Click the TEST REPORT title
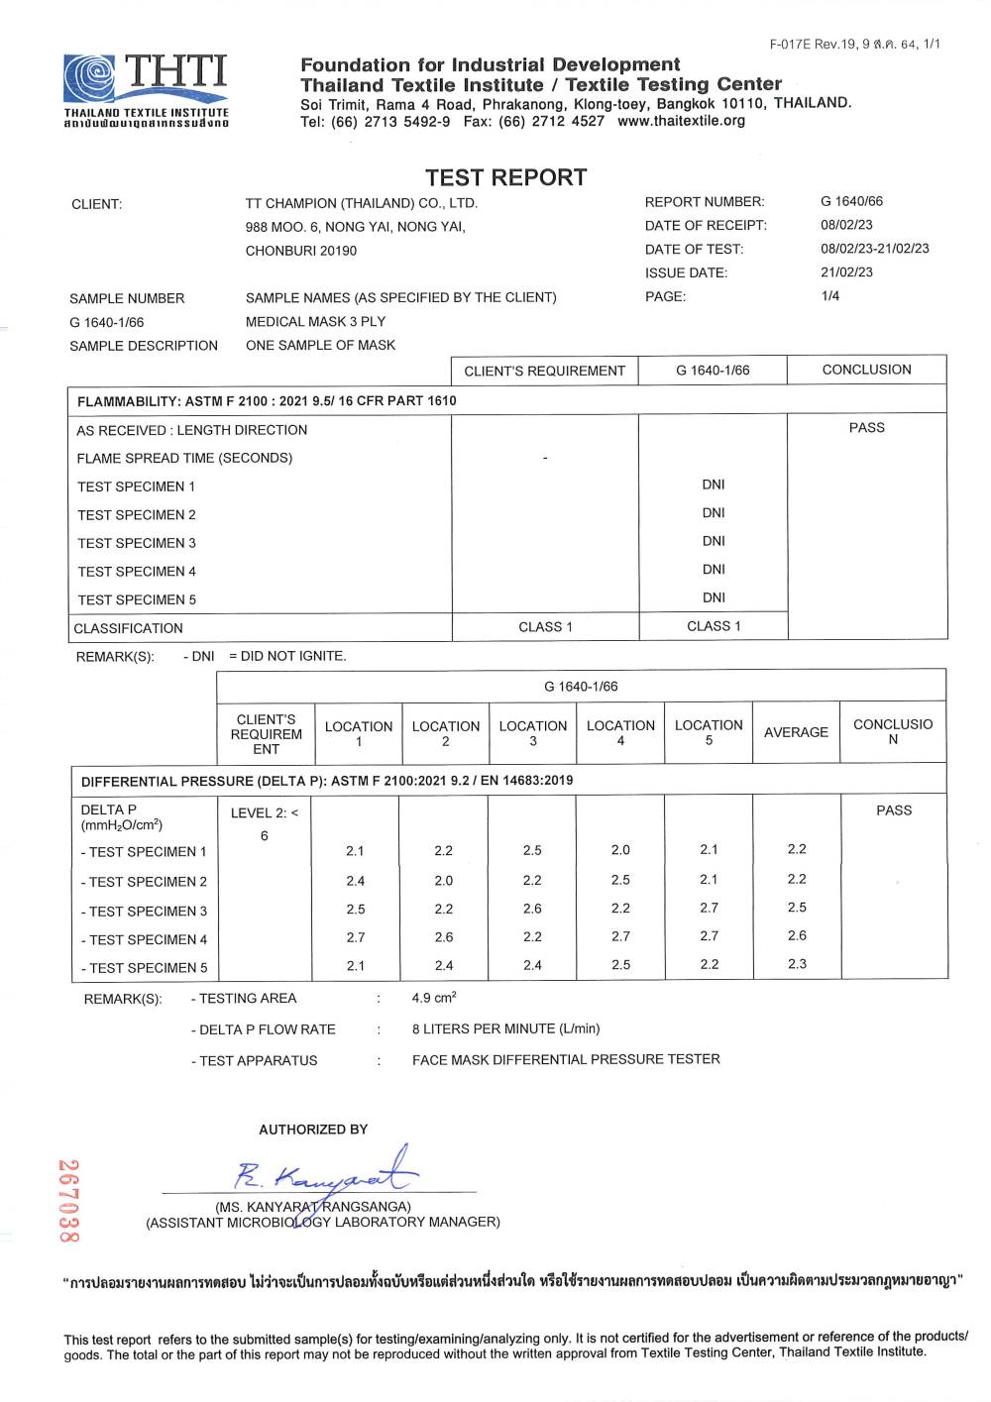click(x=505, y=177)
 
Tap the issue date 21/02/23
click(x=846, y=272)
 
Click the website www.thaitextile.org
click(x=681, y=121)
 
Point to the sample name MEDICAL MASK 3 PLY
click(x=315, y=322)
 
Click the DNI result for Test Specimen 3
click(x=714, y=541)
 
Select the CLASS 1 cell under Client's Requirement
click(x=545, y=626)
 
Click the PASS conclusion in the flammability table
click(x=866, y=428)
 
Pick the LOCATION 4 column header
click(x=620, y=732)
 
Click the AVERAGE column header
click(x=796, y=732)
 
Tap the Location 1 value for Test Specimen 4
click(x=355, y=937)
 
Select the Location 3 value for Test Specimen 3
click(x=532, y=909)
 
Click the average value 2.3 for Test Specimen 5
click(x=797, y=964)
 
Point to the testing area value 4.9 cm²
click(x=434, y=998)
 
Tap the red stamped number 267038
click(x=68, y=1201)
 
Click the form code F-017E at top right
click(x=790, y=44)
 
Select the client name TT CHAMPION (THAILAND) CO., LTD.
click(x=362, y=203)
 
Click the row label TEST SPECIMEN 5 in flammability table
click(x=137, y=599)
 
